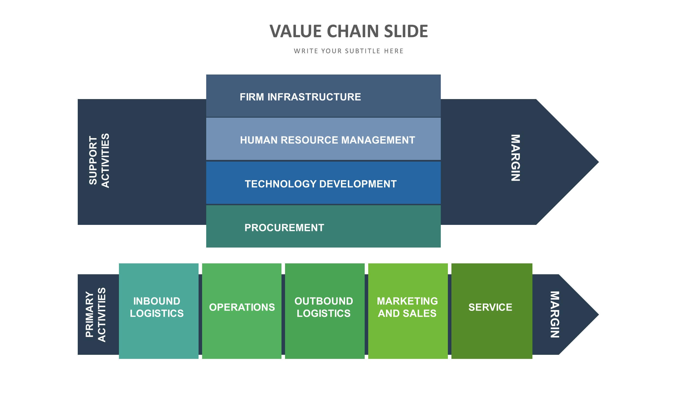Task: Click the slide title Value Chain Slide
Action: tap(349, 31)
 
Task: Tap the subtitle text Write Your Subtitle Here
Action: tap(349, 51)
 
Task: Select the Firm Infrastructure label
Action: tap(300, 97)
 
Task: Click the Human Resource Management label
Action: tap(327, 140)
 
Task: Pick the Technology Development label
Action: tap(320, 184)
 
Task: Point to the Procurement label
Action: tap(284, 228)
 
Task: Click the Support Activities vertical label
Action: tap(99, 160)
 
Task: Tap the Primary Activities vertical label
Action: tap(95, 315)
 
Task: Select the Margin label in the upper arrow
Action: tap(516, 158)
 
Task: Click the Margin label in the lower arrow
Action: tap(555, 314)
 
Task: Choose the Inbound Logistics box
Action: tap(159, 311)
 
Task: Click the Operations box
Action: tap(242, 311)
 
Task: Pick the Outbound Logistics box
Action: tap(325, 311)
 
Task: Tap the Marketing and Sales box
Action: tap(408, 311)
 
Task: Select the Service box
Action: tap(492, 311)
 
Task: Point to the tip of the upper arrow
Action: tap(598, 162)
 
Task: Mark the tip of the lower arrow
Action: tap(598, 314)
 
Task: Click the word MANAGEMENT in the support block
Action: tap(378, 140)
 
